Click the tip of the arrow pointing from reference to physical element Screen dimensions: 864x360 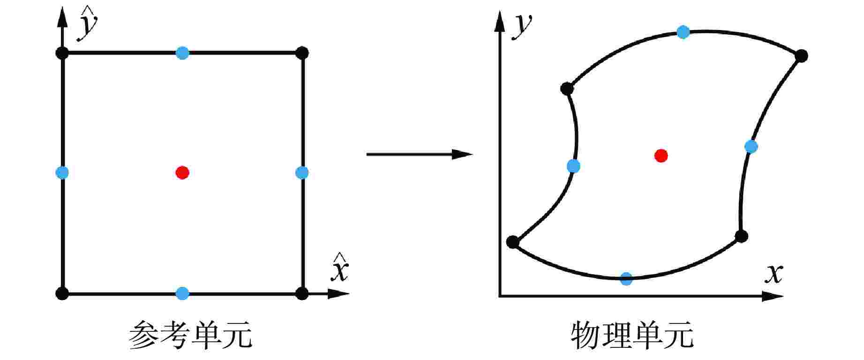pyautogui.click(x=473, y=154)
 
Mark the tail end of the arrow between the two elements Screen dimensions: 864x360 pyautogui.click(x=367, y=154)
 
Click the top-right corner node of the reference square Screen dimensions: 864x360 pyautogui.click(x=302, y=53)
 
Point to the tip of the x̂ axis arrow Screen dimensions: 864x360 pyautogui.click(x=350, y=294)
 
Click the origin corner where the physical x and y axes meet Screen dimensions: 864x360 pyautogui.click(x=500, y=296)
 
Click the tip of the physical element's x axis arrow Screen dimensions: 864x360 pyautogui.click(x=784, y=296)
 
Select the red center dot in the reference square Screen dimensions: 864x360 pyautogui.click(x=182, y=173)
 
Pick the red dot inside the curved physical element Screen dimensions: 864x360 pyautogui.click(x=661, y=156)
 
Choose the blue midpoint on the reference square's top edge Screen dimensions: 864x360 pyautogui.click(x=182, y=53)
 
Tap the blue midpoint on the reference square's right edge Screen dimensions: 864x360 pyautogui.click(x=302, y=173)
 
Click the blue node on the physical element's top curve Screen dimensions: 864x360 pyautogui.click(x=684, y=32)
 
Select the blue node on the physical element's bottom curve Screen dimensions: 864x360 pyautogui.click(x=626, y=278)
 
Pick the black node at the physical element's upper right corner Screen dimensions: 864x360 pyautogui.click(x=801, y=56)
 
